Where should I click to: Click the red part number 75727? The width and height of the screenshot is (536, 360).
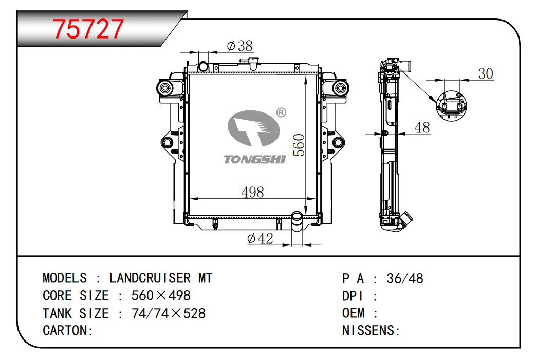pos(88,29)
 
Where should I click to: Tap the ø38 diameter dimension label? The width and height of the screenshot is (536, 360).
pos(239,46)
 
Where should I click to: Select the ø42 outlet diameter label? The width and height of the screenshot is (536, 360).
pos(260,238)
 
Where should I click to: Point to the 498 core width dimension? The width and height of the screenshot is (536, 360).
pos(253,192)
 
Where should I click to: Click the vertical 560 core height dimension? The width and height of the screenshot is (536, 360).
pos(299,145)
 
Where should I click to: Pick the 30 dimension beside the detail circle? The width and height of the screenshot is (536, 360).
pos(486,74)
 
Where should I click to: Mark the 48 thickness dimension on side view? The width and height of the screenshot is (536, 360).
pos(422,128)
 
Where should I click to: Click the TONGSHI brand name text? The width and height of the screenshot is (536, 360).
pos(255,160)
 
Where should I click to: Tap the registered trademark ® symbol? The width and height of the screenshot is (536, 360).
pos(281,112)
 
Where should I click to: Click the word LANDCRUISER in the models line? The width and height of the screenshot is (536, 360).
pos(150,278)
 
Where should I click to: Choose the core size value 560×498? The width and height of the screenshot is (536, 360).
pos(161,295)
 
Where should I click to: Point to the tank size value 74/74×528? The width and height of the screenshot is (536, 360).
pos(169,313)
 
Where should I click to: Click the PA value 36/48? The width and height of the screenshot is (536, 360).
pos(405,279)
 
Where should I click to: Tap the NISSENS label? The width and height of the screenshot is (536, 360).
pos(371,331)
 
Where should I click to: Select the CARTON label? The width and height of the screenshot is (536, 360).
pos(68,331)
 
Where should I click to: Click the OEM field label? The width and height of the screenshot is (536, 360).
pos(354,313)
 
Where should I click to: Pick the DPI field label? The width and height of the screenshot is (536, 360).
pos(353,296)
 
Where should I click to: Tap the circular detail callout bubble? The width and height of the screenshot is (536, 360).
pos(451,106)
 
